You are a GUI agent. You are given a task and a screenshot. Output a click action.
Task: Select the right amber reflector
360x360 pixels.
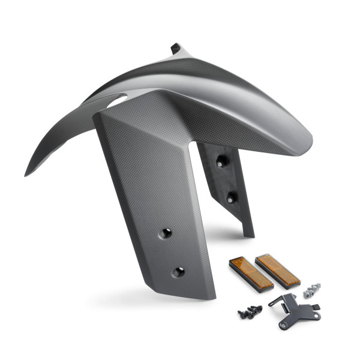point(277,271)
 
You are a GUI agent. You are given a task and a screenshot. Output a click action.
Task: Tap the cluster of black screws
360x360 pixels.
point(250,311)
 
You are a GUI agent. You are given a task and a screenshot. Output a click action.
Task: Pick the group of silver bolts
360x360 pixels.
point(311,290)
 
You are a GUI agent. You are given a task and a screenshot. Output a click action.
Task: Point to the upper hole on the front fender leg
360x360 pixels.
point(166,233)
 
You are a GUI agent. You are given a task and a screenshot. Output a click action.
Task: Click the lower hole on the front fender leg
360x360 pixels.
point(178,272)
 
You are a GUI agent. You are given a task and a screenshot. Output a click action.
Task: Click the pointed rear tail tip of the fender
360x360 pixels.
point(27,173)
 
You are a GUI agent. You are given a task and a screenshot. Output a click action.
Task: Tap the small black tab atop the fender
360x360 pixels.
point(175,48)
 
